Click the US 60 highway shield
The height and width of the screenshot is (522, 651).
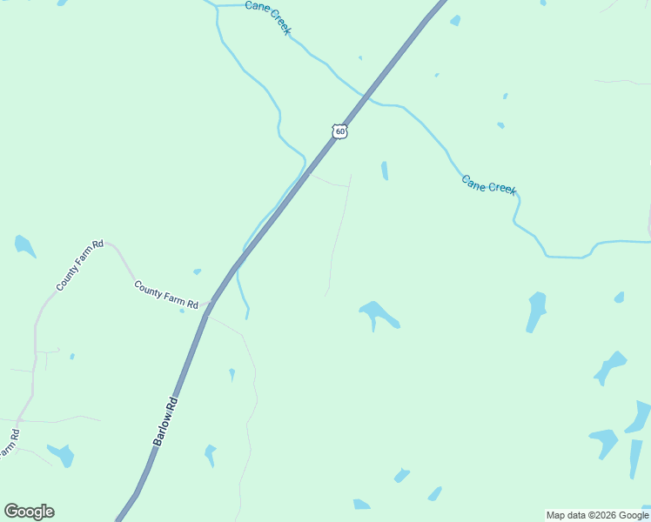tap(340, 131)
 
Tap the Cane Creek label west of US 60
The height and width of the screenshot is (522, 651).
tap(268, 17)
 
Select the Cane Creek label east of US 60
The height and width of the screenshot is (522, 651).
tap(489, 184)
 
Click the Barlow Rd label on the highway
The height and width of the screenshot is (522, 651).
tap(165, 422)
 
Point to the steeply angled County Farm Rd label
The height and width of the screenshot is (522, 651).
tap(80, 265)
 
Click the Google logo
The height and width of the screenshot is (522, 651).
tap(29, 512)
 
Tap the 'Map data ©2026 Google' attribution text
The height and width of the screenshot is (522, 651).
tap(597, 515)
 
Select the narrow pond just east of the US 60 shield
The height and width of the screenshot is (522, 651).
tap(385, 171)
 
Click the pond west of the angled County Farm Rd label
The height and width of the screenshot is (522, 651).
tap(24, 246)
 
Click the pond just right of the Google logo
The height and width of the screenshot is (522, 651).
tap(61, 455)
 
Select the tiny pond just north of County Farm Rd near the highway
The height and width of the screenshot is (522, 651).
tap(198, 271)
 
